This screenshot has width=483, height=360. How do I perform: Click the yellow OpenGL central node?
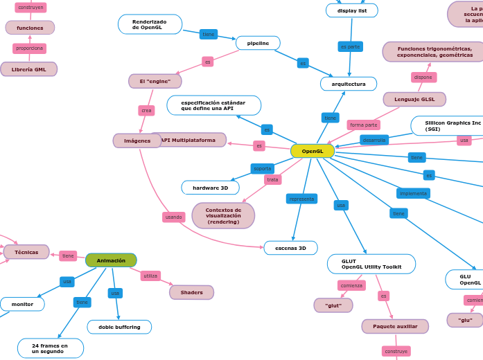(x=313, y=151)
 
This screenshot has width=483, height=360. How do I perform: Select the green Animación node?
(x=111, y=260)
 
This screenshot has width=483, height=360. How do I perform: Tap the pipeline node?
(x=258, y=43)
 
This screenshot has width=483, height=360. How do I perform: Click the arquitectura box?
(x=349, y=84)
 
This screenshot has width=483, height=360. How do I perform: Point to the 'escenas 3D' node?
(x=290, y=248)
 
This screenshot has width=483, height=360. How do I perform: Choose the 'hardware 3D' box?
(x=210, y=188)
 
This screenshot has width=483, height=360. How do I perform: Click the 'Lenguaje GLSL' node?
(x=414, y=99)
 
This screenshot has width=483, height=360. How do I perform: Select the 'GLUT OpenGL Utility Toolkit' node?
(x=371, y=264)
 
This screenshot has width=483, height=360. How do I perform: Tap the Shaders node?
(x=191, y=292)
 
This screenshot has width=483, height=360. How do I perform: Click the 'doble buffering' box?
(x=119, y=327)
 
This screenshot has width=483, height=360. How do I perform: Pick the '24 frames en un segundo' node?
(x=50, y=348)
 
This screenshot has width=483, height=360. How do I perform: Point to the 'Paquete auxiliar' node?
(x=395, y=326)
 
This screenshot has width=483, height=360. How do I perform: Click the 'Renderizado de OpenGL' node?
(x=150, y=24)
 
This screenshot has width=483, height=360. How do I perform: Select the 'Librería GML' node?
(x=29, y=69)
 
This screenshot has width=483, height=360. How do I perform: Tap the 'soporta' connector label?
(x=263, y=168)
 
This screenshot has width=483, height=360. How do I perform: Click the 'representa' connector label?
(x=301, y=199)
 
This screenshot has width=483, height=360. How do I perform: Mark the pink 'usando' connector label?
(x=174, y=217)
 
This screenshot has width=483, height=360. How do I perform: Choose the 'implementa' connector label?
(x=413, y=193)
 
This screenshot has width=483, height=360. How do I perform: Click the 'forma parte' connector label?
(x=363, y=125)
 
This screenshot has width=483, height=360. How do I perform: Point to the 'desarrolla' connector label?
(x=374, y=140)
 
